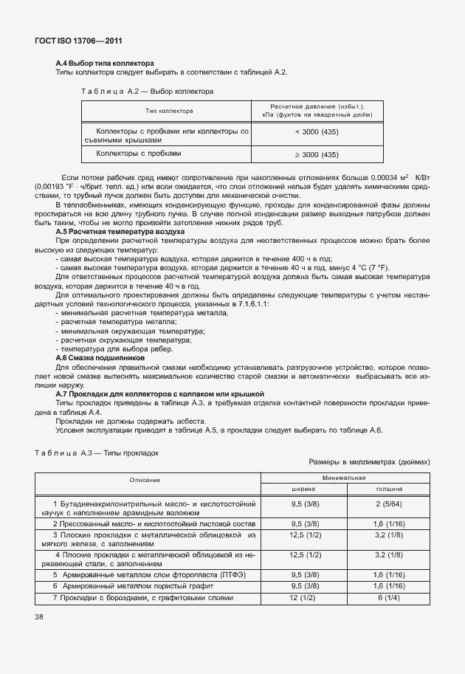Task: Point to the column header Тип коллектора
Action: pyautogui.click(x=169, y=111)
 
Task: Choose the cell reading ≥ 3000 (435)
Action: pyautogui.click(x=317, y=154)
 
